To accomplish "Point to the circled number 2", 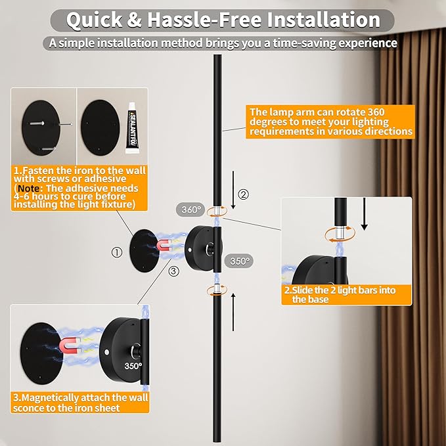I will pyautogui.click(x=244, y=194).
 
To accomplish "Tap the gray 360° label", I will pyautogui.click(x=191, y=210).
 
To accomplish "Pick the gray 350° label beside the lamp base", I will pyautogui.click(x=240, y=261).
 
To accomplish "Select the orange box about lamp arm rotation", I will pyautogui.click(x=331, y=122).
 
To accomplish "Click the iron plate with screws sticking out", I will pyautogui.click(x=43, y=124).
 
